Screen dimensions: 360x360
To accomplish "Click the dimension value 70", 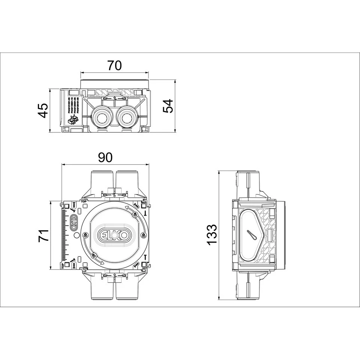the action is pyautogui.click(x=114, y=66).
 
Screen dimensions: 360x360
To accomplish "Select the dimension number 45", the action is pyautogui.click(x=44, y=110).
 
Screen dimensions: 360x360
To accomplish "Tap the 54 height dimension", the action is pyautogui.click(x=168, y=106).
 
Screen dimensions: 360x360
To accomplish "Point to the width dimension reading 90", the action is pyautogui.click(x=105, y=157).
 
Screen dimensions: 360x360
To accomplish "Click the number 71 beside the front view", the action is pyautogui.click(x=44, y=235).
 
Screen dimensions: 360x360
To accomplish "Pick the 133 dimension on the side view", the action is pyautogui.click(x=212, y=235).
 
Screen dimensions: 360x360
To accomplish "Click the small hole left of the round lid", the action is pyautogui.click(x=76, y=235).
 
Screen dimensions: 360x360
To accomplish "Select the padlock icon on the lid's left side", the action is pyautogui.click(x=86, y=235).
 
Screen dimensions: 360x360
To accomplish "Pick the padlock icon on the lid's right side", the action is pyautogui.click(x=143, y=235).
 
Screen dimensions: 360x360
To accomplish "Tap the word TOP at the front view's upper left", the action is pyautogui.click(x=84, y=201).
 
